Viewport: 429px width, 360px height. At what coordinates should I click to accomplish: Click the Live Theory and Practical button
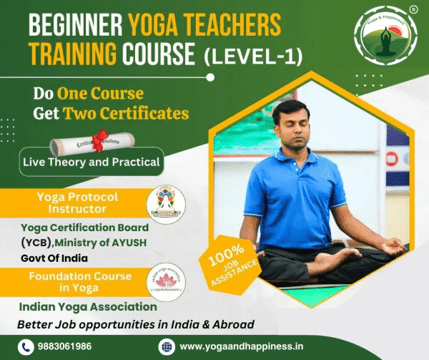[x=91, y=162]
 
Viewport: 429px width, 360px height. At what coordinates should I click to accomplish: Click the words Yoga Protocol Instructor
[x=82, y=202]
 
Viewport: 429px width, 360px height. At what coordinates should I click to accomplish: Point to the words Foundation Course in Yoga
[x=80, y=282]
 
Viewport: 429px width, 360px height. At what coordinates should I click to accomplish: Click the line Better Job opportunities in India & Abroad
[x=136, y=324]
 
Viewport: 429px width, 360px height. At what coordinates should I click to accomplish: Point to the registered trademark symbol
[x=413, y=10]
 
